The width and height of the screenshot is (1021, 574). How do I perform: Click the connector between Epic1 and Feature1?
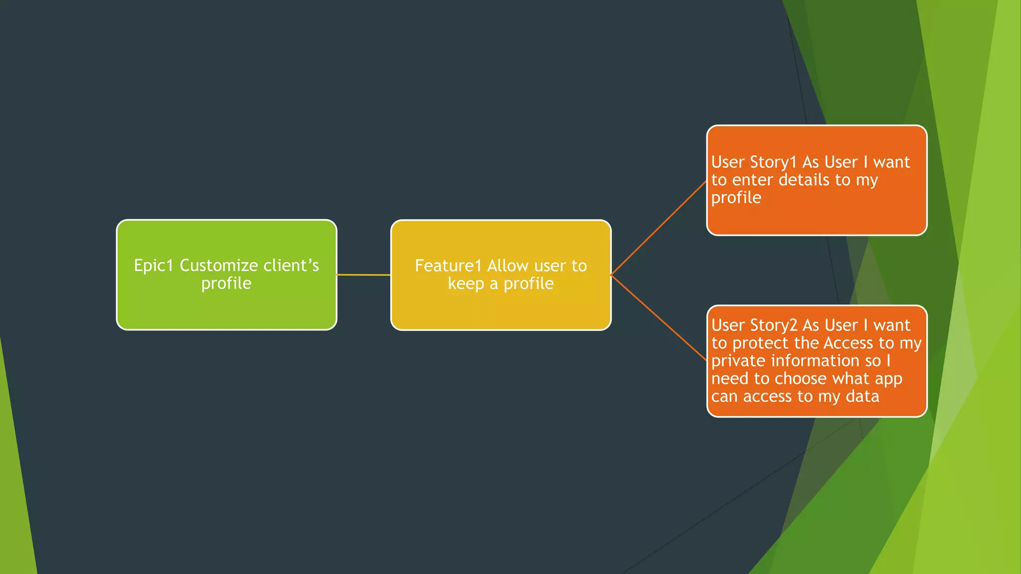click(x=363, y=275)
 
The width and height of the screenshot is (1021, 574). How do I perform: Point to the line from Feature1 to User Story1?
click(x=659, y=228)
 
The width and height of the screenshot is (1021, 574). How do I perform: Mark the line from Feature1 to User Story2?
click(x=659, y=317)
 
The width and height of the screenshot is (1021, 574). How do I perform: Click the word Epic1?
click(x=154, y=266)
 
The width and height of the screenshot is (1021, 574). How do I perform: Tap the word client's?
click(x=291, y=266)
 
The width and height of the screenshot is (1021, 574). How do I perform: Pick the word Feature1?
click(x=448, y=266)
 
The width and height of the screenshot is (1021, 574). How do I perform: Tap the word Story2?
click(x=774, y=325)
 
